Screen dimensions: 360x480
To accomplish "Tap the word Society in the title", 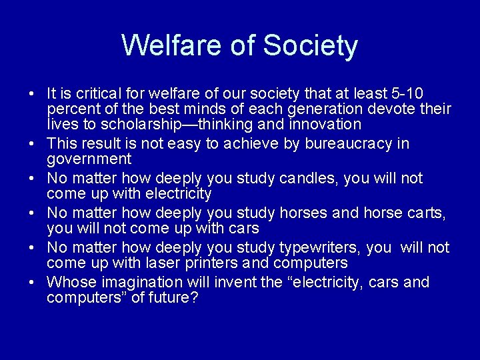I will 311,45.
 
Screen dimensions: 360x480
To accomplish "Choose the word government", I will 89,159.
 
